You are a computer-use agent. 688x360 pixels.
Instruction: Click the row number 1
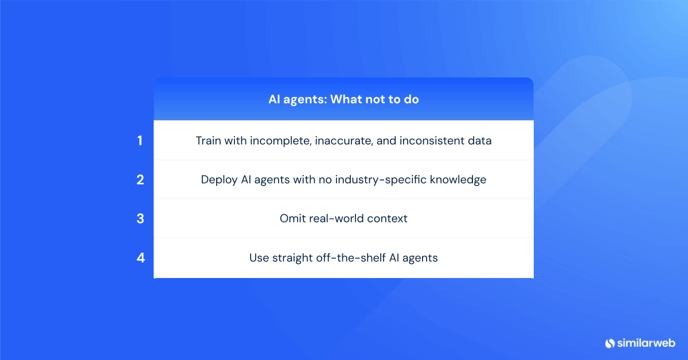(x=140, y=140)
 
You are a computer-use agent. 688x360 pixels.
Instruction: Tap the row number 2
(x=140, y=179)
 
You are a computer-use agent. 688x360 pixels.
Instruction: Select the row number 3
(x=140, y=218)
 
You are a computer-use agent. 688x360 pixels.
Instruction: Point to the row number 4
(x=140, y=257)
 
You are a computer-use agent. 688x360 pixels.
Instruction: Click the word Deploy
(x=218, y=179)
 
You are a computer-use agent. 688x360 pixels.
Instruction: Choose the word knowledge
(x=459, y=179)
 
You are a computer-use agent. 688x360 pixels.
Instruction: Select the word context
(x=388, y=218)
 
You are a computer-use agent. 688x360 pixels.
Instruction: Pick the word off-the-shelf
(x=351, y=258)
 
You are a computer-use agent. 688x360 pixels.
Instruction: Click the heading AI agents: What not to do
(x=343, y=99)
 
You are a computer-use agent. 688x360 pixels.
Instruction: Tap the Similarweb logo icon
(x=610, y=343)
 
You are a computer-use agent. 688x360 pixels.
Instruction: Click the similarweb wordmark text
(x=646, y=343)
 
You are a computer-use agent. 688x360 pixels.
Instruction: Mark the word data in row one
(x=480, y=140)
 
